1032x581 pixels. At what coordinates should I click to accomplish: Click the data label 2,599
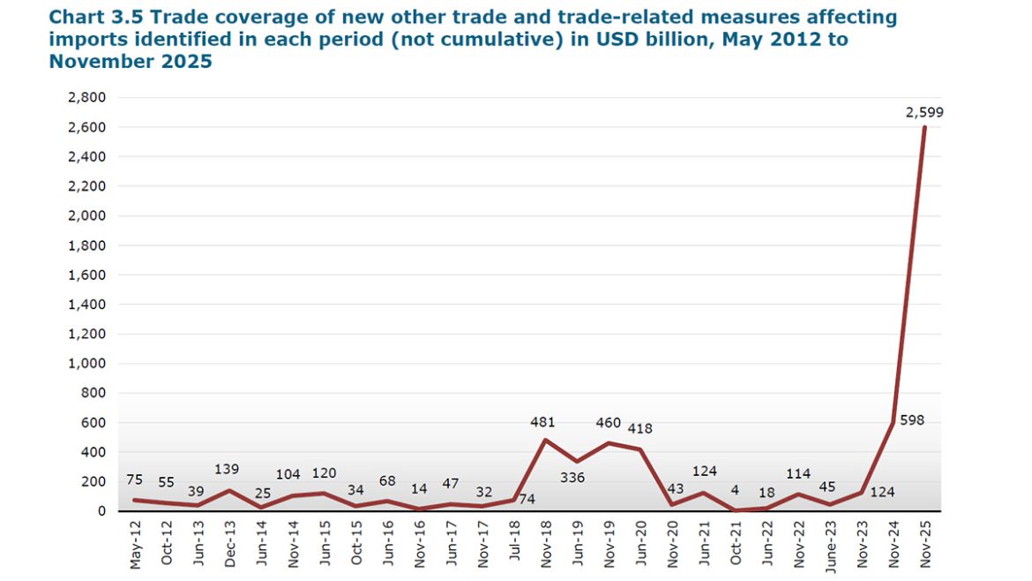point(925,112)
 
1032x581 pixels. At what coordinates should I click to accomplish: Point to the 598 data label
point(912,420)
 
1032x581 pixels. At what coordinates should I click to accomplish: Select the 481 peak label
point(542,422)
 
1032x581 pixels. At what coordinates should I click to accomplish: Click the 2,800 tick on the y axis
point(86,98)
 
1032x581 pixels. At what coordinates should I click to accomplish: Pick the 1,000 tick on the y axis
point(86,363)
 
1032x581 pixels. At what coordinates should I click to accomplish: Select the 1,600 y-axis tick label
point(86,275)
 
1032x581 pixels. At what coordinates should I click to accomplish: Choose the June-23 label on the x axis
point(830,544)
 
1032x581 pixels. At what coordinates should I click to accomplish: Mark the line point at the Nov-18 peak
point(546,440)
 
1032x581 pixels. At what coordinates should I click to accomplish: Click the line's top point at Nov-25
point(924,127)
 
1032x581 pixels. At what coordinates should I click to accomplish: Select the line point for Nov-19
point(609,443)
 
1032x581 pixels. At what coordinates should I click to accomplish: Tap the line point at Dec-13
point(229,491)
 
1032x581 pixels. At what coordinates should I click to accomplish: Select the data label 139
point(227,469)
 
